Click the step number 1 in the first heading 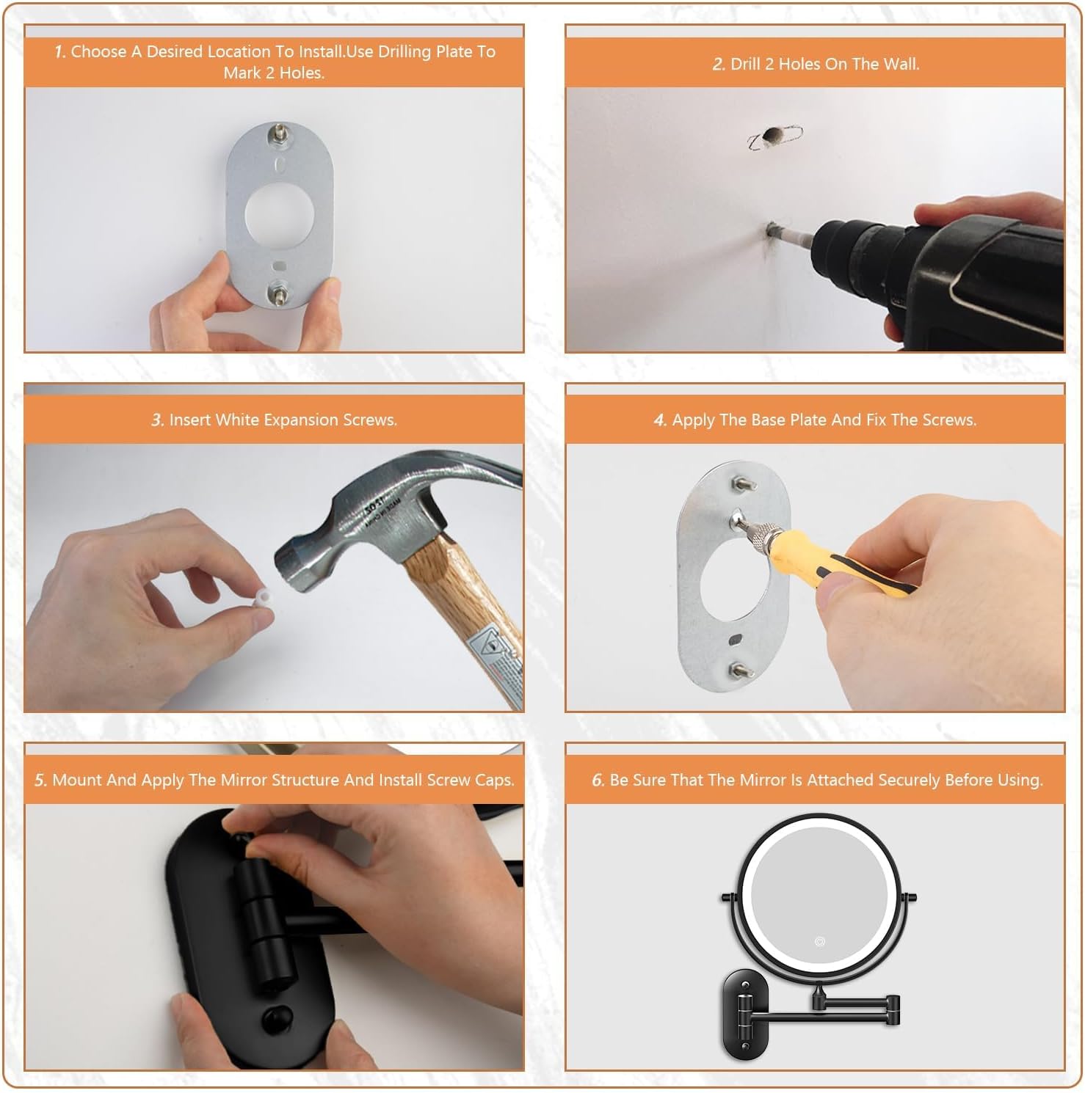tap(59, 52)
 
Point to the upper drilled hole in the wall tap(772, 135)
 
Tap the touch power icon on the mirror tap(819, 941)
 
